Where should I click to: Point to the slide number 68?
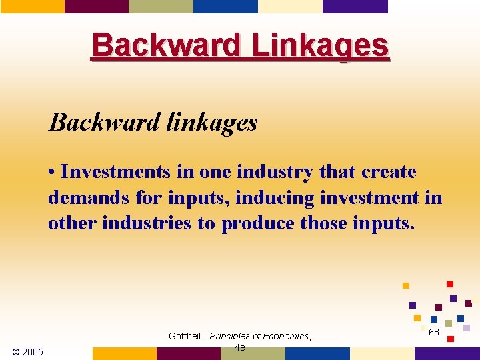[434, 332]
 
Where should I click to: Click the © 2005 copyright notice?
[27, 351]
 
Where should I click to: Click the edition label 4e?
[240, 347]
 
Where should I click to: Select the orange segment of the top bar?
[32, 6]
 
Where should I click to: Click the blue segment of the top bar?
[225, 6]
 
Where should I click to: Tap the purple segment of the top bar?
[355, 6]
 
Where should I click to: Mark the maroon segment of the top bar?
[97, 6]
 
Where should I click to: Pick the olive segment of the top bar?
[161, 6]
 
